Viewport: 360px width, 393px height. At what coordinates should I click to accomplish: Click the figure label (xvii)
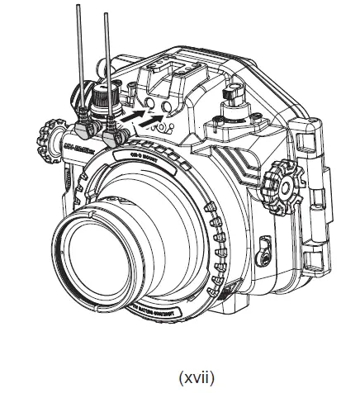(179, 376)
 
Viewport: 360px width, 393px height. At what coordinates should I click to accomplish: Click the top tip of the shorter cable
(107, 15)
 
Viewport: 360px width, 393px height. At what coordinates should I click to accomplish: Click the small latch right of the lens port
(263, 244)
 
